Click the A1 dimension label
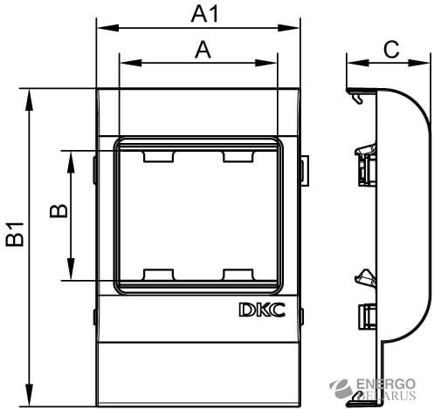click(204, 15)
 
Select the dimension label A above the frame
click(203, 50)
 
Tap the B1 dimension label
click(15, 235)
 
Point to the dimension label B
click(59, 211)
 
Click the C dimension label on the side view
click(391, 50)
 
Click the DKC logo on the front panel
click(262, 310)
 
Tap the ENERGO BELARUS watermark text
click(386, 390)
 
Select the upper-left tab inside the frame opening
click(159, 156)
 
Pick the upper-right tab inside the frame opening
click(238, 156)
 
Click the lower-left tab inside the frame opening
click(159, 275)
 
